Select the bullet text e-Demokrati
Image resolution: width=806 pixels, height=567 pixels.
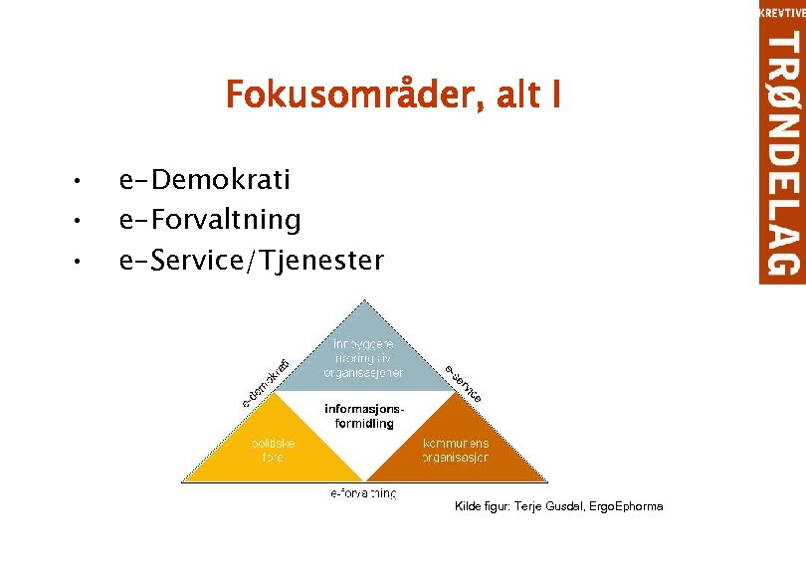pyautogui.click(x=204, y=180)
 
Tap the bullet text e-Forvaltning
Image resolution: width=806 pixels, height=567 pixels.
pyautogui.click(x=209, y=217)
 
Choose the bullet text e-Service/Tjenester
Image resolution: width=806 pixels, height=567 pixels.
pyautogui.click(x=250, y=261)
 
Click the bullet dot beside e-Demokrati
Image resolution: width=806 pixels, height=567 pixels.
pyautogui.click(x=75, y=181)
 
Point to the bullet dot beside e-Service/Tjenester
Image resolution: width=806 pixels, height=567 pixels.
pyautogui.click(x=75, y=262)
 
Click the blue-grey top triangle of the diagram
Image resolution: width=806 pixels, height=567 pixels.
pyautogui.click(x=363, y=348)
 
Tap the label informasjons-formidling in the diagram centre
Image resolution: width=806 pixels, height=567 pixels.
pyautogui.click(x=364, y=416)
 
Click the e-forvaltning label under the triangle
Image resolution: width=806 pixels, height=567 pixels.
pyautogui.click(x=363, y=493)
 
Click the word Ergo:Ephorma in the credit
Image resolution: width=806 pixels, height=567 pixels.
pyautogui.click(x=625, y=507)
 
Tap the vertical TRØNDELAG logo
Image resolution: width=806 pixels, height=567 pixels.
pyautogui.click(x=782, y=154)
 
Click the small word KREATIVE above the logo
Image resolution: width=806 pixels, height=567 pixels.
pyautogui.click(x=782, y=12)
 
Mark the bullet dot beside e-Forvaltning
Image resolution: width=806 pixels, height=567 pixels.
pyautogui.click(x=75, y=218)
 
